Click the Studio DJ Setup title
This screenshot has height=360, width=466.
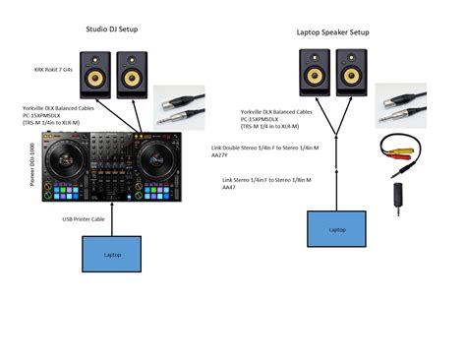pos(112,30)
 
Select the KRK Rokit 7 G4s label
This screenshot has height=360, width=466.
pos(53,70)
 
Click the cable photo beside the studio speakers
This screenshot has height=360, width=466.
pos(179,106)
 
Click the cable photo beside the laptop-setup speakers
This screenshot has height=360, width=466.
pos(400,105)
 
